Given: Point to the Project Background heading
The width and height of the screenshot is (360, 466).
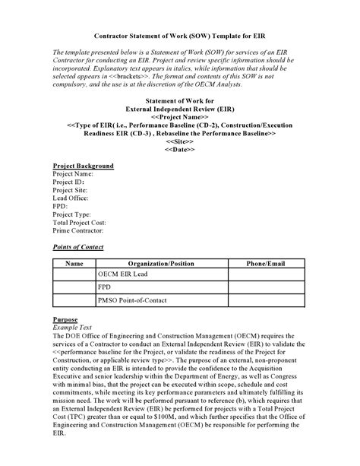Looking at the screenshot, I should (x=83, y=166).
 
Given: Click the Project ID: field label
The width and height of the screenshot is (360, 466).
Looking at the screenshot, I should (x=68, y=182).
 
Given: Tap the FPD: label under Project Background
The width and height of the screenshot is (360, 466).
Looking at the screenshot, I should (x=60, y=206).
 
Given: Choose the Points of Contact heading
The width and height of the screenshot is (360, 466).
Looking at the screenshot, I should (x=78, y=247).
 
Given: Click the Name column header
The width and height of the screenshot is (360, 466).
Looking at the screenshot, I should (x=74, y=264).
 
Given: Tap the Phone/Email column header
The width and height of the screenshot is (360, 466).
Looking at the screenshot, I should (x=266, y=264).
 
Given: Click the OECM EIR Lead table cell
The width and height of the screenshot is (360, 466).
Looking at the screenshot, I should (x=123, y=274).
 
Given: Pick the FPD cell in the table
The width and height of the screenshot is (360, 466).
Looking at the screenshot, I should (x=105, y=288).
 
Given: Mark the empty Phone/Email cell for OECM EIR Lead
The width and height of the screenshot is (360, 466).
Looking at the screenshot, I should (x=266, y=274).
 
